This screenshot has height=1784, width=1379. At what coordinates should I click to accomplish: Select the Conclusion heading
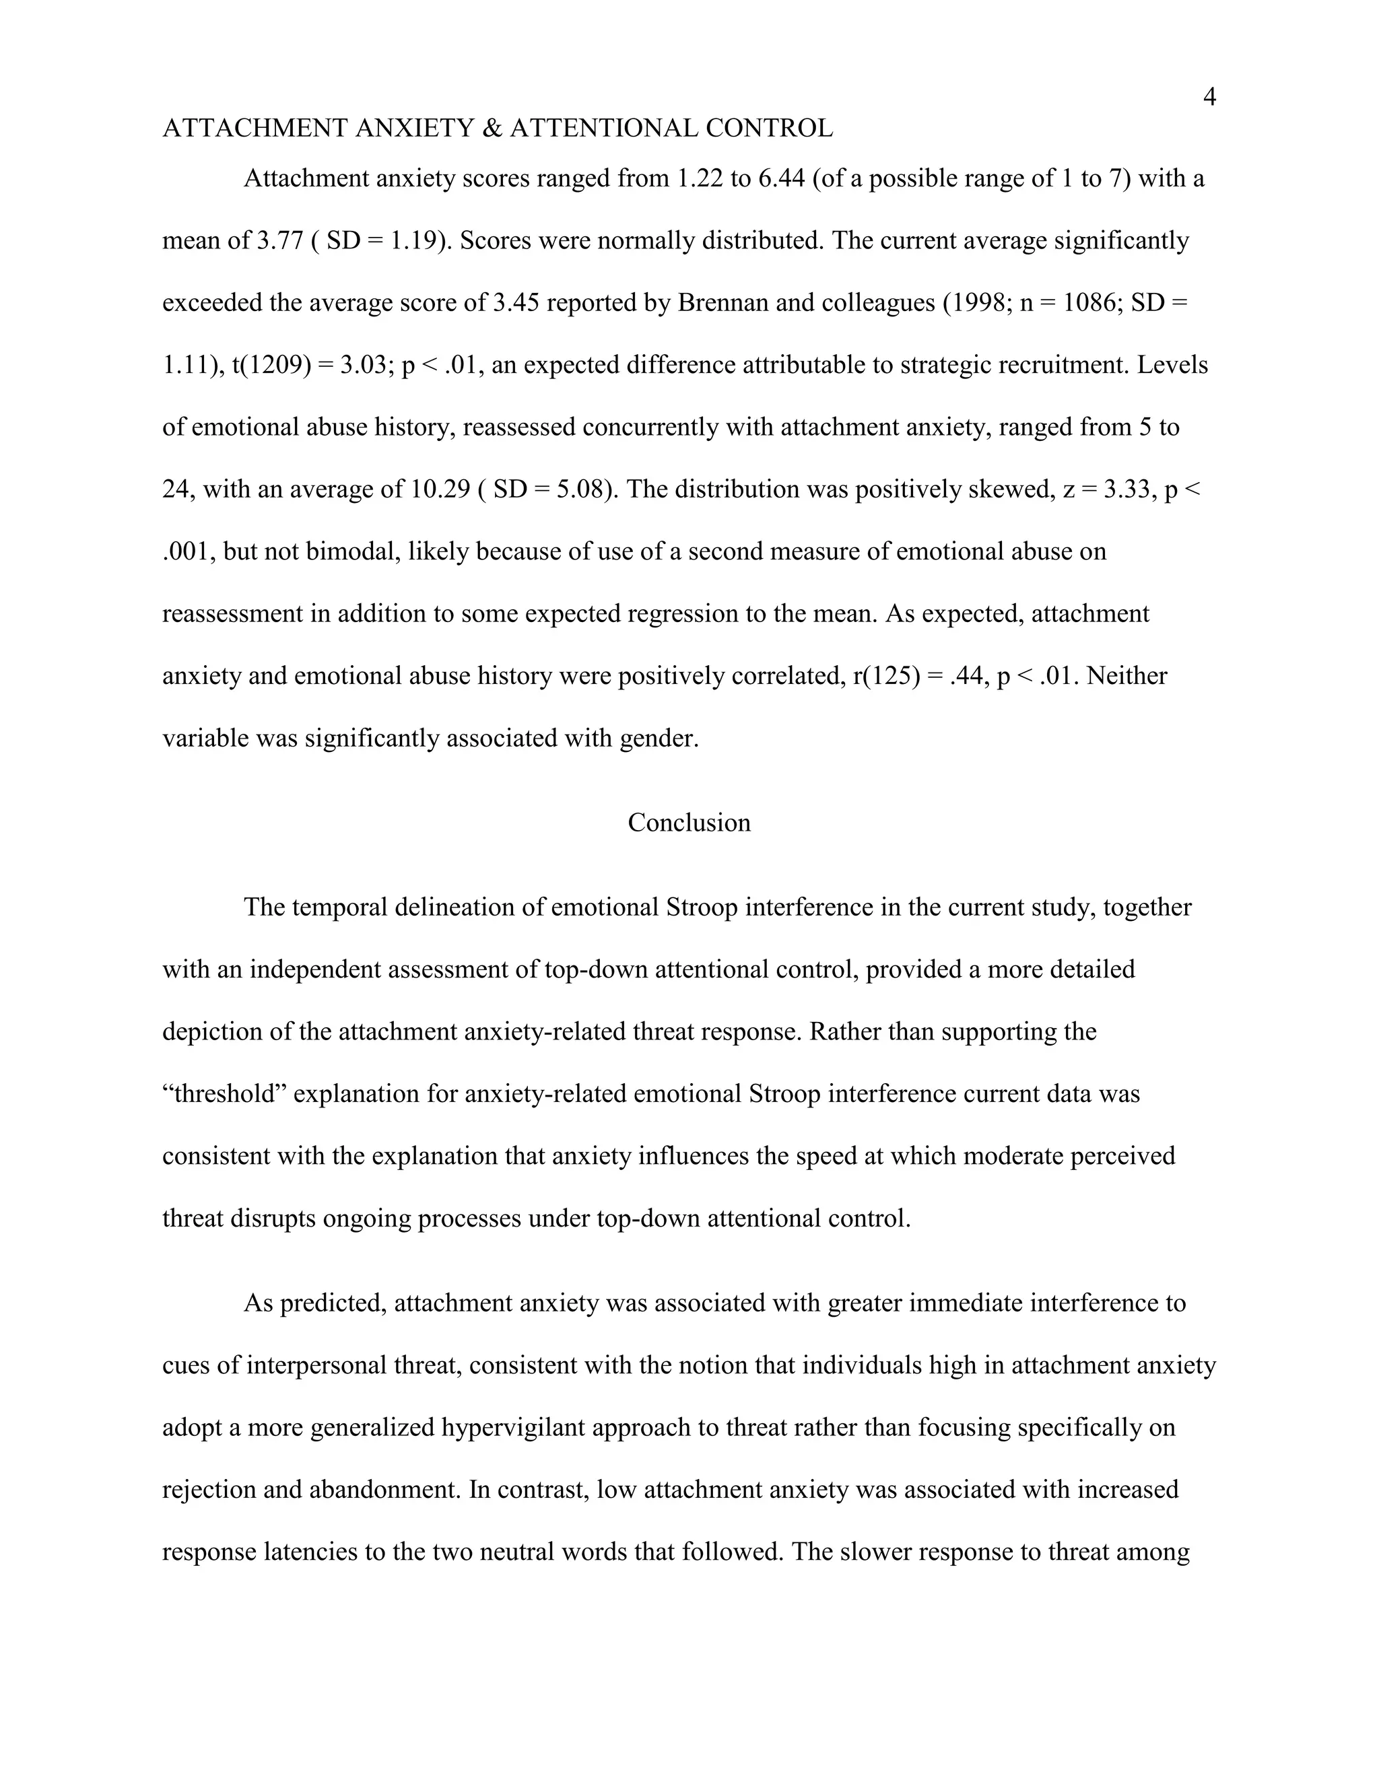(689, 823)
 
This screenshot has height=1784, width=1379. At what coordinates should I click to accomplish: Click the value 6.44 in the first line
(782, 178)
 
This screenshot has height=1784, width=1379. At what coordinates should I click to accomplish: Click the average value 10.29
(440, 489)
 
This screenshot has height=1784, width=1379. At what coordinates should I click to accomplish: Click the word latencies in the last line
(310, 1552)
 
